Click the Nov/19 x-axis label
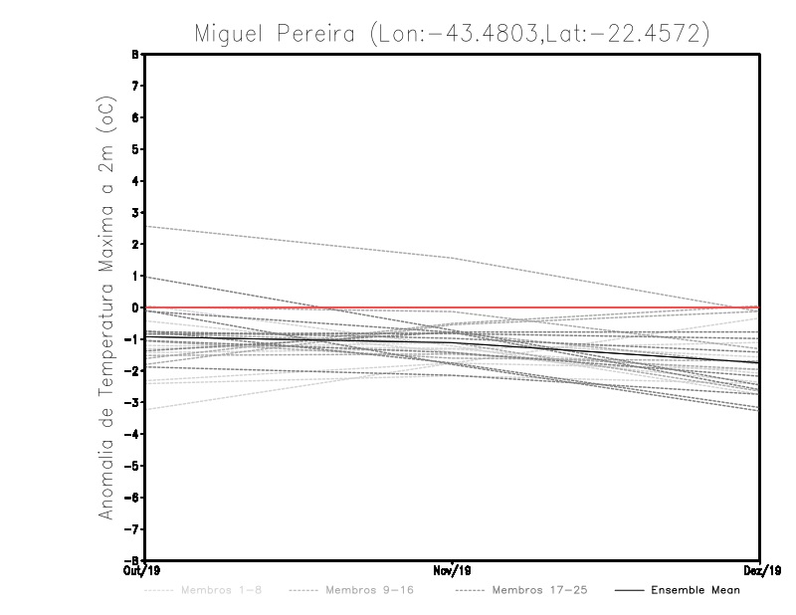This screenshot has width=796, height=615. point(452,570)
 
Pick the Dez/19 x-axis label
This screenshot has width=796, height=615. point(760,570)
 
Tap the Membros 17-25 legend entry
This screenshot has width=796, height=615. point(538,590)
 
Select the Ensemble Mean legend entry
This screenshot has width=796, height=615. point(696,590)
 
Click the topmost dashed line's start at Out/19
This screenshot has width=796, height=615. point(146,227)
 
